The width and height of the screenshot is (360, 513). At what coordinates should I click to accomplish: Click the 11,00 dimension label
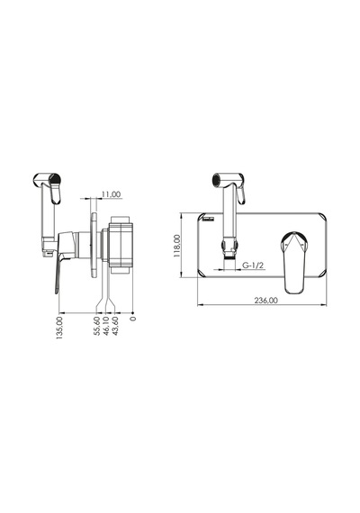(111, 194)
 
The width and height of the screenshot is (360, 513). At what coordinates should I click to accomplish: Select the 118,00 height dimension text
(177, 246)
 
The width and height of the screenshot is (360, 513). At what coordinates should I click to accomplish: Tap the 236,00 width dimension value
(265, 301)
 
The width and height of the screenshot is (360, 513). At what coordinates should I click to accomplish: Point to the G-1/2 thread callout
(253, 265)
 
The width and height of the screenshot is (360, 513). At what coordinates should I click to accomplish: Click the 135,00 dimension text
(59, 328)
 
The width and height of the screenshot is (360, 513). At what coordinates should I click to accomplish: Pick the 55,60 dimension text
(97, 326)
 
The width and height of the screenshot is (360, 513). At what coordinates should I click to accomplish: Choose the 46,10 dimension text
(106, 326)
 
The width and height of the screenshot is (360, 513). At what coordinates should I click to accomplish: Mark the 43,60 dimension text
(115, 326)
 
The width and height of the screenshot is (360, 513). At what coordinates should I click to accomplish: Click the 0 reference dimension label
(132, 319)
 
